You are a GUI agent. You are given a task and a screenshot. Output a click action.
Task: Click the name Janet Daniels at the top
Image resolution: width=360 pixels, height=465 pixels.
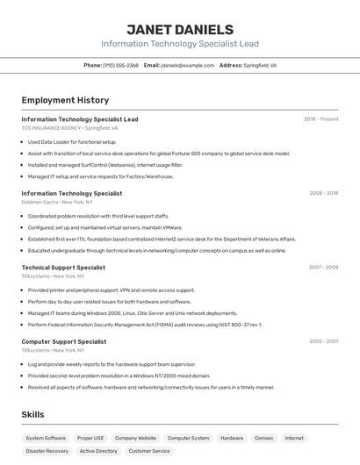point(180,29)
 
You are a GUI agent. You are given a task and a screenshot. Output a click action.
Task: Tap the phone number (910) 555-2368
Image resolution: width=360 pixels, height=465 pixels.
point(120,66)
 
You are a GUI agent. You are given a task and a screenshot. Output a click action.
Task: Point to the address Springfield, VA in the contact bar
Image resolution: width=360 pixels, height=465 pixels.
point(260,66)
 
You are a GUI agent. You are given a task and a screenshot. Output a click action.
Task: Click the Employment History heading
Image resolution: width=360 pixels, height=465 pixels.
point(65,100)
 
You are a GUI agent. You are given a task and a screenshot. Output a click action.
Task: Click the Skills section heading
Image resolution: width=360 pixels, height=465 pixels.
point(33,414)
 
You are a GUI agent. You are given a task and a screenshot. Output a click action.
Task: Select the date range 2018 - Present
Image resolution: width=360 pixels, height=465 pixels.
point(321,119)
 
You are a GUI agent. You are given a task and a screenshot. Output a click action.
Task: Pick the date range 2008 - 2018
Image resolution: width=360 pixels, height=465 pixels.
point(323,193)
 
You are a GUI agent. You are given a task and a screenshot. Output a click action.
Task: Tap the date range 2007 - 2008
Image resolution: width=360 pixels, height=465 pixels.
point(323,268)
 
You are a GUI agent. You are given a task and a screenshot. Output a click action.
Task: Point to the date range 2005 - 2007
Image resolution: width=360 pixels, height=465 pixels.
point(323,341)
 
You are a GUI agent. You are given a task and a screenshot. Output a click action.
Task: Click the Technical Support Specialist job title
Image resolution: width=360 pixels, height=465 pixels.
point(63,268)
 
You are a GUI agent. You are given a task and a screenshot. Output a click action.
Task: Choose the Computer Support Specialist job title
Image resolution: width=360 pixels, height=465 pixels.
point(64,341)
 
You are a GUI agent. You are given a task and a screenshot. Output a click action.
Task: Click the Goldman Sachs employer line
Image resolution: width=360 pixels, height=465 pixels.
point(56,202)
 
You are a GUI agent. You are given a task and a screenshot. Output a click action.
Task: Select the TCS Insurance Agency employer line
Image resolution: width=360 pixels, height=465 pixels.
point(69,128)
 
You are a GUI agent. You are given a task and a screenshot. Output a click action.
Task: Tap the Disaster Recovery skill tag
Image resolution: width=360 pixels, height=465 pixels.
point(47,451)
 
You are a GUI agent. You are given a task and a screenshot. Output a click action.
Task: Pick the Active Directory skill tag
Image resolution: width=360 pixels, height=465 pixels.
point(98,451)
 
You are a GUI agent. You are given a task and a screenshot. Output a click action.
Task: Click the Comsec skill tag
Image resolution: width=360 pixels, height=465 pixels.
point(264,438)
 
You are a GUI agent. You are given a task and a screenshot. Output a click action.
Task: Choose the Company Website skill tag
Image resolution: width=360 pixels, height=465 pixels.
point(135,438)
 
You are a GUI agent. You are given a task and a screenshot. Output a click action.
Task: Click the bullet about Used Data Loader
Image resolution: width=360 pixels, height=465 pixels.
point(72,141)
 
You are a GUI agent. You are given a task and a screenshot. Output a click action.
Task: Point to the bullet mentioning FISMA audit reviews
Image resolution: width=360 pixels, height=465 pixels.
point(145,325)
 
